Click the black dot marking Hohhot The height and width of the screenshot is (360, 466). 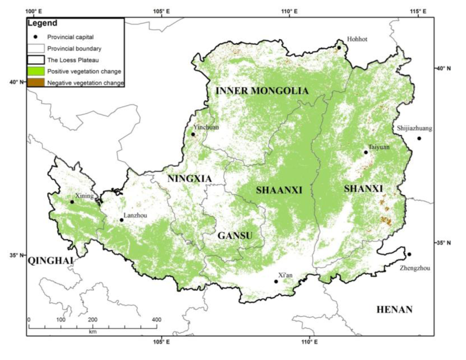point(339,47)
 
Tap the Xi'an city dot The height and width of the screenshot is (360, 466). point(276,281)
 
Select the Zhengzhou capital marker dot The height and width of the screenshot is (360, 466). point(409,254)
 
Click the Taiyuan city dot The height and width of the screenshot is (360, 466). point(366,152)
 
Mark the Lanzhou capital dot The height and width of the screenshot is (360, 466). point(122,220)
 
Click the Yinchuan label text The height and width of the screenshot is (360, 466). point(206,127)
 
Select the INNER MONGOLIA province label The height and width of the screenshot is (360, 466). point(262,91)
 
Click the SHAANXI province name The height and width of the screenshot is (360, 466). point(279,190)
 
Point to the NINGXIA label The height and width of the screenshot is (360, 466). point(189,179)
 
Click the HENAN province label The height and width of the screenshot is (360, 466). point(395,310)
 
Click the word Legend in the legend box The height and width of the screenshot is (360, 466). point(42,23)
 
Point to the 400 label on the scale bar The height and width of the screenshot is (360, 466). point(156,319)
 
